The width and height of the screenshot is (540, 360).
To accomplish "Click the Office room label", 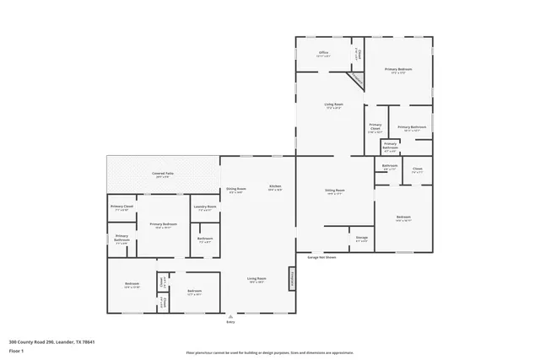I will click(323, 55).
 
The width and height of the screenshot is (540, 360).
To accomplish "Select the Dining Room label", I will click(235, 190).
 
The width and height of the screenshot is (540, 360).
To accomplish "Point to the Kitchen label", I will click(275, 187).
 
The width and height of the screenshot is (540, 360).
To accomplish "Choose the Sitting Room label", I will click(335, 191).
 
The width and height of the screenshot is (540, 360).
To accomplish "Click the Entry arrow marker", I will click(230, 314).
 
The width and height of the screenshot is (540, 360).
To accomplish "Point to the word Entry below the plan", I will click(230, 322).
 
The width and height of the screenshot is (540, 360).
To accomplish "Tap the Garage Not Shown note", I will click(321, 257).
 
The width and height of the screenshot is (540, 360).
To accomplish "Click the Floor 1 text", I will click(16, 348).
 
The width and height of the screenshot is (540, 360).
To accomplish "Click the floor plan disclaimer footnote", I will click(269, 352).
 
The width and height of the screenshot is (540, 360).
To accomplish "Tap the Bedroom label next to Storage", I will click(403, 218).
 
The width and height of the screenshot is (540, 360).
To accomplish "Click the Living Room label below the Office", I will click(333, 106).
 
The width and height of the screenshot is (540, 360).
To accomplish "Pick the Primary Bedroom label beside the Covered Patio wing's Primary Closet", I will click(161, 225).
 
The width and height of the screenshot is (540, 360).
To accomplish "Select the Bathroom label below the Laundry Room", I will click(205, 239).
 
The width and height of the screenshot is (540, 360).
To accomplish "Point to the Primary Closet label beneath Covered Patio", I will click(121, 207).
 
